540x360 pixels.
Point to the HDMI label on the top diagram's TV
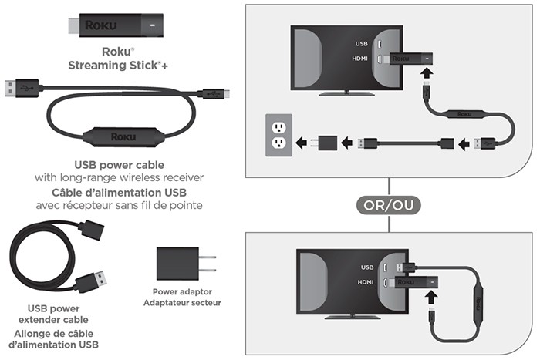coord(359,57)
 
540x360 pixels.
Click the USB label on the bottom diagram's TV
coord(367,267)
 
